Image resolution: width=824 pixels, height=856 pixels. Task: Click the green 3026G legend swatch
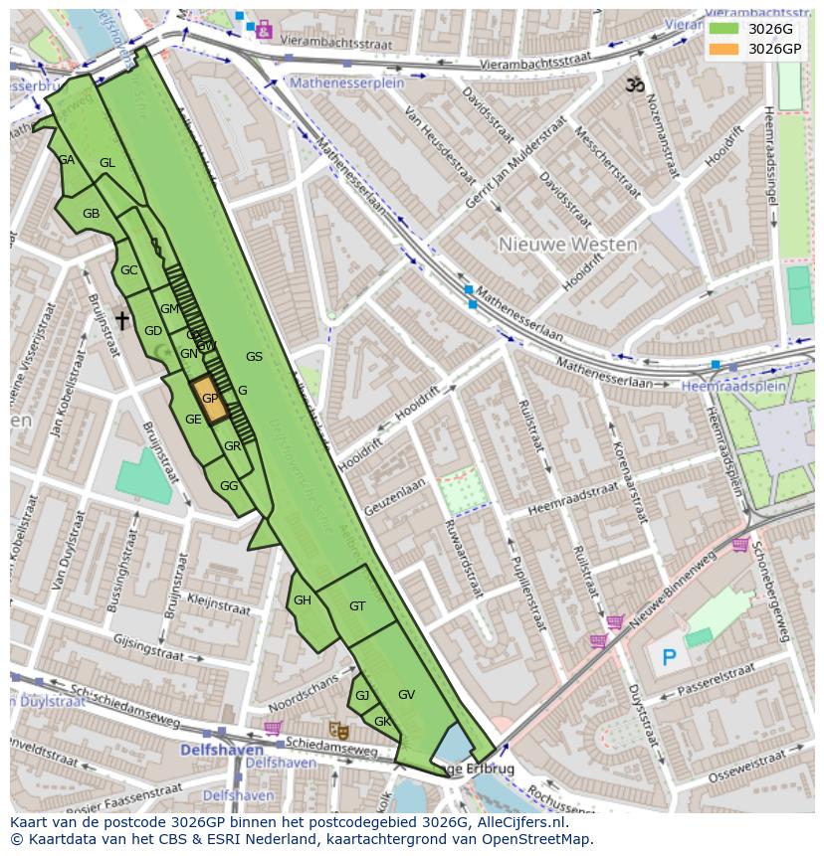[724, 29]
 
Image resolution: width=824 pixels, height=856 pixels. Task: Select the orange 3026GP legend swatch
[724, 48]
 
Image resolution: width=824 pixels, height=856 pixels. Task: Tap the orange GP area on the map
[209, 399]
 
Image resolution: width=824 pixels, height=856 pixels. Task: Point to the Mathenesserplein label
[346, 84]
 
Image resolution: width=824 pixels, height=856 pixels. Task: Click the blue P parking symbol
[669, 657]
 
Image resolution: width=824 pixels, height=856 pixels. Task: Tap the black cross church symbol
[122, 320]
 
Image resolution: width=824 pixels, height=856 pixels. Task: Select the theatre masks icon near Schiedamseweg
[337, 730]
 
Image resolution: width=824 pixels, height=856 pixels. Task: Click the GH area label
[303, 599]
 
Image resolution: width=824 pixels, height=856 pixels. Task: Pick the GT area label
[357, 605]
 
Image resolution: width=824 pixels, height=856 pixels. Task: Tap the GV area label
[406, 695]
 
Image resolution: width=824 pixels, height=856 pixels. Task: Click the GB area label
[91, 214]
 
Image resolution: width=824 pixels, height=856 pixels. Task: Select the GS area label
[254, 357]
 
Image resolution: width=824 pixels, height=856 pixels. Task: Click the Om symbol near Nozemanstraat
[634, 86]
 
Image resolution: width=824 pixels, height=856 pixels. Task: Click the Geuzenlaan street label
[393, 493]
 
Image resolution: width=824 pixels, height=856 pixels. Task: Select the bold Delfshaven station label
[221, 749]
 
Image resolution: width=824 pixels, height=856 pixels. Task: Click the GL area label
[107, 163]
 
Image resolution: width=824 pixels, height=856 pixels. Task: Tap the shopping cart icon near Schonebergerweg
[740, 544]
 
